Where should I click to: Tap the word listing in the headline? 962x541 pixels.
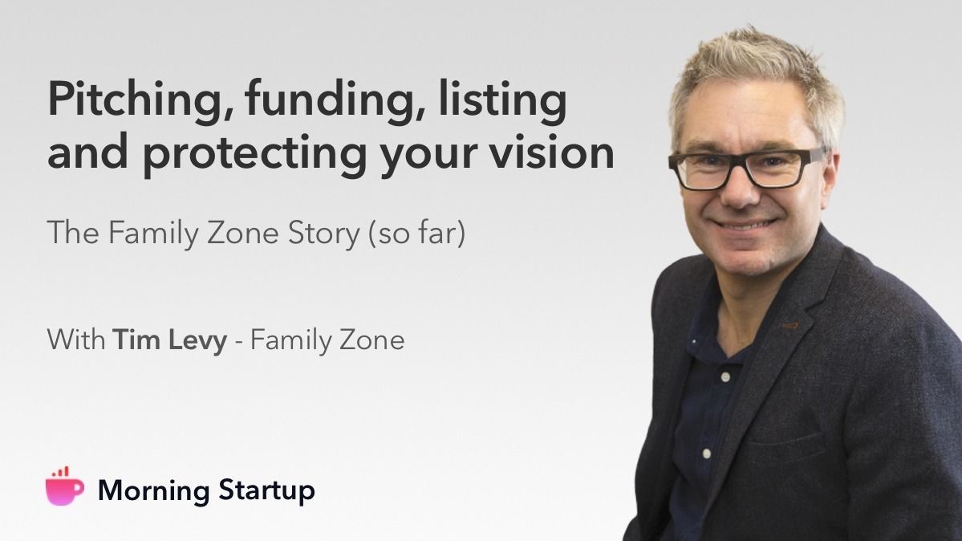pyautogui.click(x=502, y=100)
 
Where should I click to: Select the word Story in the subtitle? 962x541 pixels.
pyautogui.click(x=323, y=234)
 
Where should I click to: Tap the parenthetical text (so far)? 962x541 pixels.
pyautogui.click(x=416, y=234)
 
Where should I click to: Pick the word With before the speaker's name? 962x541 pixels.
pyautogui.click(x=76, y=340)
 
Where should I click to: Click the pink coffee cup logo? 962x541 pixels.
pyautogui.click(x=64, y=487)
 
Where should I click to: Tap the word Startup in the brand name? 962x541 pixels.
pyautogui.click(x=267, y=490)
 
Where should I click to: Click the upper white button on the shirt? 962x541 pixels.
pyautogui.click(x=726, y=377)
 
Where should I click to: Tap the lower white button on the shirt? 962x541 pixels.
pyautogui.click(x=706, y=454)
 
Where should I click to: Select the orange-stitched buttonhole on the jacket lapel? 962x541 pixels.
pyautogui.click(x=790, y=325)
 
